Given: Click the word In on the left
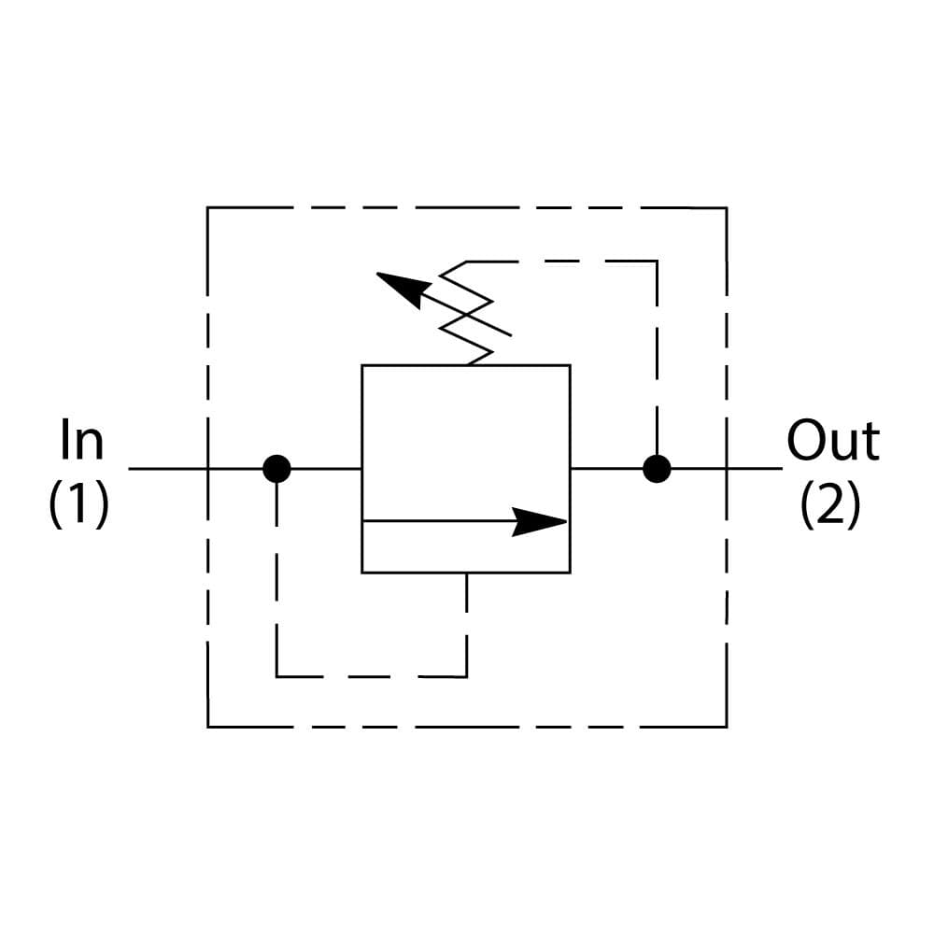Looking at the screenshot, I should (x=81, y=441).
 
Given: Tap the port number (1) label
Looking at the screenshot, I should (x=79, y=505).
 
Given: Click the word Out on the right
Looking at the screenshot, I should (x=832, y=441).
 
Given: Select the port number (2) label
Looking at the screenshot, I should (x=830, y=505).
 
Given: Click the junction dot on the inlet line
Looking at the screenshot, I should (x=276, y=468).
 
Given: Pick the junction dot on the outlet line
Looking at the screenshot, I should (x=657, y=468).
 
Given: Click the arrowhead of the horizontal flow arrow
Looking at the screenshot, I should (x=542, y=521).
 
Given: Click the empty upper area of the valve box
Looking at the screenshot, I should (x=465, y=439).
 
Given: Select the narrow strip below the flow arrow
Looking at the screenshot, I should (x=465, y=547).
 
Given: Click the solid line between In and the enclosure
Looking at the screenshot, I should (x=168, y=468).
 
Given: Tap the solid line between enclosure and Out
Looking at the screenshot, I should (x=755, y=468).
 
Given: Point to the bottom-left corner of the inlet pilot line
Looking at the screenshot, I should (x=277, y=675).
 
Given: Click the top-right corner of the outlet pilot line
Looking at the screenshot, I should (x=657, y=262).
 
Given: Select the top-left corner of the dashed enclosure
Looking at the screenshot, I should (x=207, y=207).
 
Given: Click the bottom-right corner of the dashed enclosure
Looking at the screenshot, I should (x=727, y=726).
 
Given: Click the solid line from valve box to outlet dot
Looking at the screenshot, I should (x=607, y=468).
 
